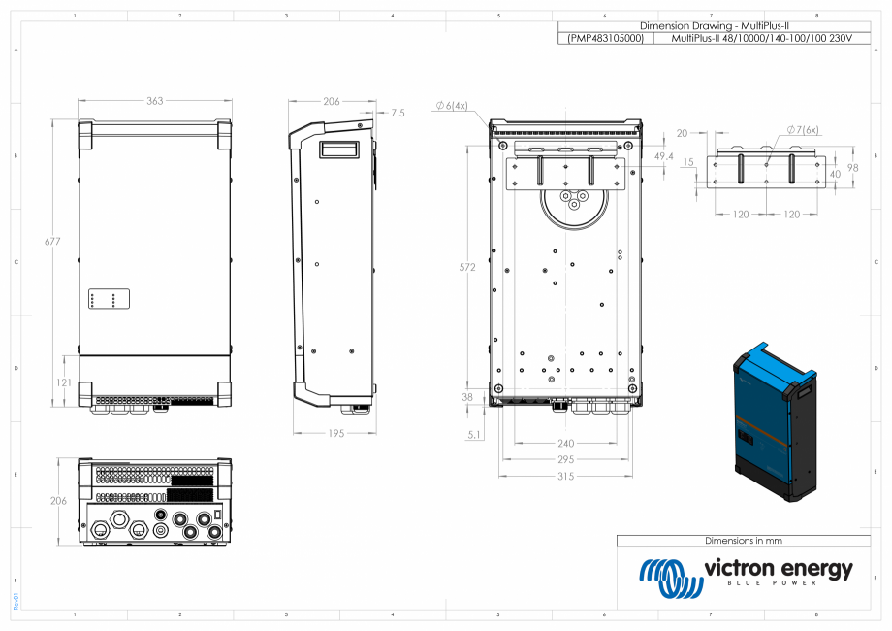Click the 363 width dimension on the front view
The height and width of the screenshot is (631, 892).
(x=154, y=100)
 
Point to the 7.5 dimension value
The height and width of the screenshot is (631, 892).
(x=398, y=114)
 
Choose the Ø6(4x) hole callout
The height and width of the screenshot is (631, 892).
(x=451, y=105)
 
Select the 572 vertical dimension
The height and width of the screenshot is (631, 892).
(x=467, y=267)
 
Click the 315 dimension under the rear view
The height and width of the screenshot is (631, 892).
(x=565, y=477)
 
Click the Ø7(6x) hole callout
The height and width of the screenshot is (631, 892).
(x=802, y=129)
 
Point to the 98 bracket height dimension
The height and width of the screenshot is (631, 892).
(x=854, y=167)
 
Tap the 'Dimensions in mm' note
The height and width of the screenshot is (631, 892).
(x=743, y=541)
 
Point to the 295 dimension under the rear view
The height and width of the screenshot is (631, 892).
(x=565, y=459)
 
